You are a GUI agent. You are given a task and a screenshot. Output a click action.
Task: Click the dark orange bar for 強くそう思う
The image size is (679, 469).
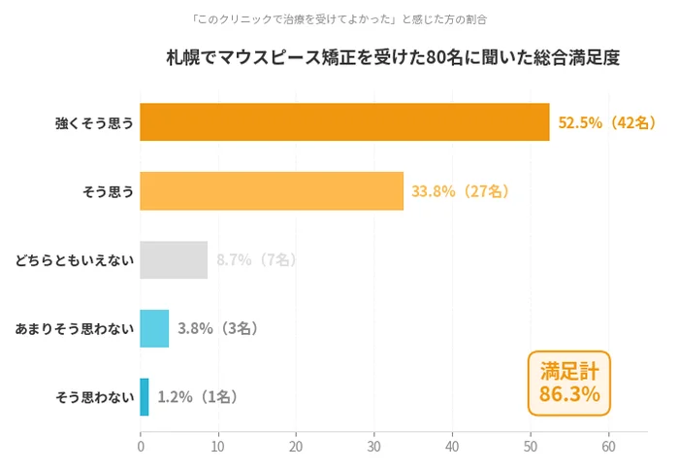coord(344,122)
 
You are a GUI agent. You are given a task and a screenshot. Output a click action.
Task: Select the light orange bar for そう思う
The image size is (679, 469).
coord(272,191)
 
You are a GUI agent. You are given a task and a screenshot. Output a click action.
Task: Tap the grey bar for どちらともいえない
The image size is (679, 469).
coord(174,259)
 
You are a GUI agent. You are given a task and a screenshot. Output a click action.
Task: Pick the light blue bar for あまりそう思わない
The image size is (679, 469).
coord(154,328)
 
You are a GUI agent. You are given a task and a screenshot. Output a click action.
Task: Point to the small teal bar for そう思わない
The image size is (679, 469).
coord(145,397)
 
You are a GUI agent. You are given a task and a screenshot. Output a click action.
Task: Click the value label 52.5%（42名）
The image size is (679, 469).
coord(607,123)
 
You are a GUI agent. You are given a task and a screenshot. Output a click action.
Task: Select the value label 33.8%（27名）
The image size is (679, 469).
coord(460,191)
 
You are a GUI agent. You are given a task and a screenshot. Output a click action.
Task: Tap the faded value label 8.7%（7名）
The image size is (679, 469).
coord(256,260)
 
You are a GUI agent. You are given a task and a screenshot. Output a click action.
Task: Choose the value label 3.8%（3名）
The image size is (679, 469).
coord(217,328)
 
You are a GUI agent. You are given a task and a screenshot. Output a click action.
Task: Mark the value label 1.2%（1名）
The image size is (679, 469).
coord(197,397)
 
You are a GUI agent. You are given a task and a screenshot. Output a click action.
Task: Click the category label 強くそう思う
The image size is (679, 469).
coord(94,123)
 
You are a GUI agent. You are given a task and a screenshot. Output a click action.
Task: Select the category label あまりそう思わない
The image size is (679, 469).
coord(74,328)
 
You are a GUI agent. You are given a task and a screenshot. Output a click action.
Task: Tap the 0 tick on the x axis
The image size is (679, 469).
coord(141,448)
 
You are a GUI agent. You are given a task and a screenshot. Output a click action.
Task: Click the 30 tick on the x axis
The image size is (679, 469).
coord(374,448)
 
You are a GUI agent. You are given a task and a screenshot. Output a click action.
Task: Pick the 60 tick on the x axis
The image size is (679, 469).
coord(608,448)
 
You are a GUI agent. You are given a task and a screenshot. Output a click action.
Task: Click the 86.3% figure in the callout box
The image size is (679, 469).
coord(569,395)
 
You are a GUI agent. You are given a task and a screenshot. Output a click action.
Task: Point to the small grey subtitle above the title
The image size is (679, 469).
coord(339,18)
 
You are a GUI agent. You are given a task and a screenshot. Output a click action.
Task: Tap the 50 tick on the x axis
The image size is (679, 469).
coord(531,448)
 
